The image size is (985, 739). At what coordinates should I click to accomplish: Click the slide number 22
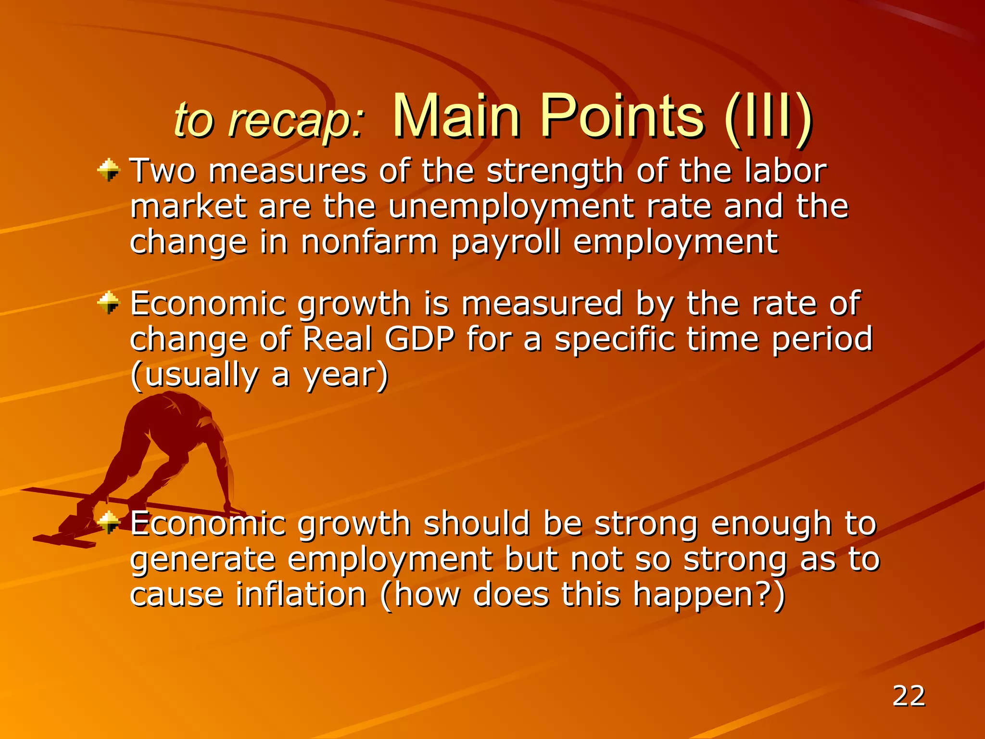[x=909, y=696]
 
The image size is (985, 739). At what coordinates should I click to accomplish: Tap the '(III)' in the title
[x=768, y=117]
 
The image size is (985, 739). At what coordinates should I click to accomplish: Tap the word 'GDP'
[x=419, y=339]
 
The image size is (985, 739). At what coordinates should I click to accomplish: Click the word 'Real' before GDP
[x=338, y=339]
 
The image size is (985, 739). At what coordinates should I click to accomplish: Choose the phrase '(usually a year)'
[x=259, y=376]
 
